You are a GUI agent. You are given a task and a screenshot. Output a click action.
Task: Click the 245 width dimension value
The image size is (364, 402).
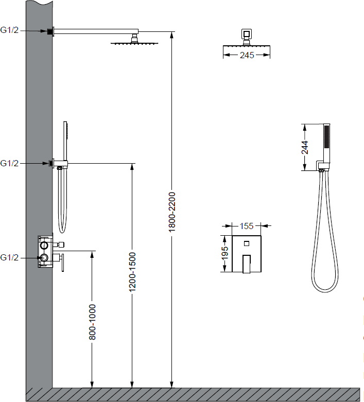(x=247, y=55)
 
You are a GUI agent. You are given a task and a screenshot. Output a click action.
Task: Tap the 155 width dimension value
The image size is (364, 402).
(x=246, y=226)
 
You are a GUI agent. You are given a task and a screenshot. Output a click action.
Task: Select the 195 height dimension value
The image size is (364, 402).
(x=224, y=253)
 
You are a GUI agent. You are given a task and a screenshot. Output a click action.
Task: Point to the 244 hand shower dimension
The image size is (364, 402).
(x=305, y=147)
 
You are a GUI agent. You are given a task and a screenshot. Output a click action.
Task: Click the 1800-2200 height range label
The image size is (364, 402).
(x=172, y=212)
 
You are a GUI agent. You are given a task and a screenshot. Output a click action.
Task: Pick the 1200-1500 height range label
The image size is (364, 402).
(x=132, y=272)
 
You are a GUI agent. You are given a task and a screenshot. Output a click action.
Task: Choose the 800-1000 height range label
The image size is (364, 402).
(x=92, y=322)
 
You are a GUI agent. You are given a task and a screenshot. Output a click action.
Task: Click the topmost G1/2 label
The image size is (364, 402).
(x=9, y=30)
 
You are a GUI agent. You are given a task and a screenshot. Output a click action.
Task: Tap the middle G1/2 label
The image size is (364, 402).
(x=9, y=163)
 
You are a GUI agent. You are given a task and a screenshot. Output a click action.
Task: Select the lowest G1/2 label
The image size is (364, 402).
(x=9, y=257)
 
